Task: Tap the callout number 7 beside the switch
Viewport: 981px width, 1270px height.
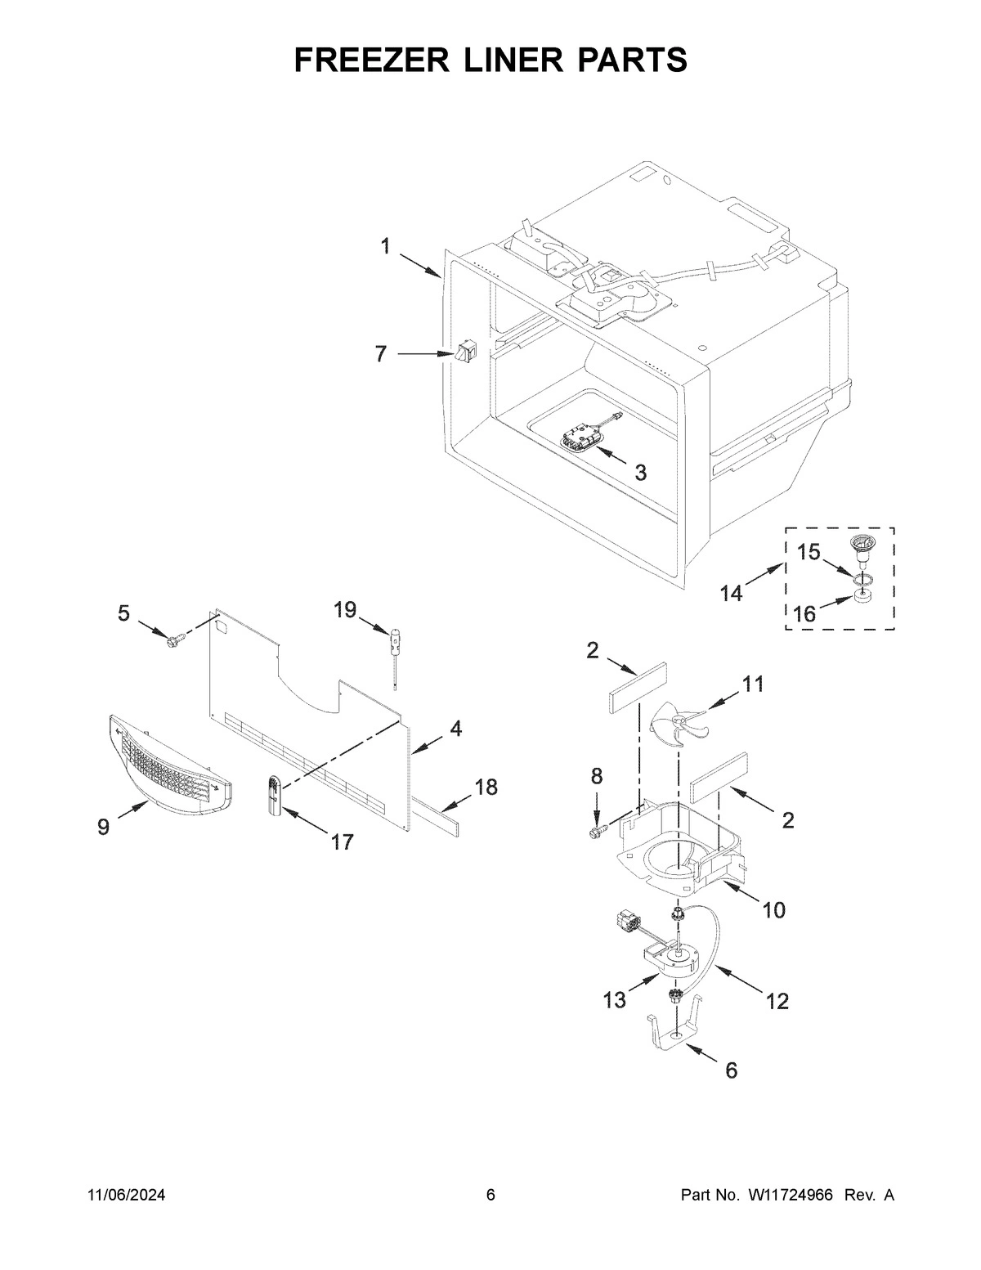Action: tap(381, 354)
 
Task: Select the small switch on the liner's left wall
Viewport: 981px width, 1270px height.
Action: tap(466, 353)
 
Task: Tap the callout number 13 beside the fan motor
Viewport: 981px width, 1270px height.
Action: tap(615, 999)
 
